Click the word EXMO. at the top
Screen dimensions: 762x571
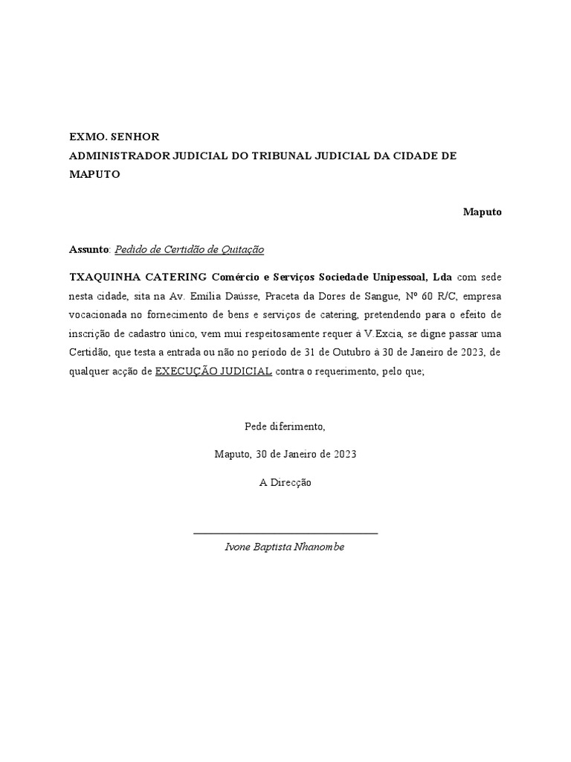point(86,137)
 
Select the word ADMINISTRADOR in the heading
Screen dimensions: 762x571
point(119,156)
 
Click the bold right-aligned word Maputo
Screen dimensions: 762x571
point(483,212)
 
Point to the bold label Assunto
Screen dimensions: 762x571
point(88,249)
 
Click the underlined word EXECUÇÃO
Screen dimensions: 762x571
point(182,371)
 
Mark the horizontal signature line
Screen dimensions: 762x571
point(285,533)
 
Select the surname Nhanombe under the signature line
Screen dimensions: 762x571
point(320,547)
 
